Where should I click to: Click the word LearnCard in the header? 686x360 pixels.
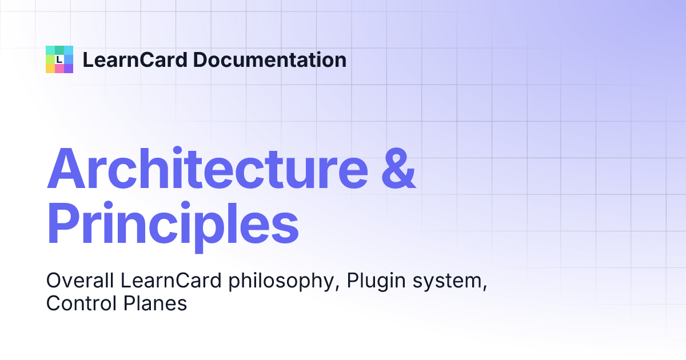[x=135, y=59]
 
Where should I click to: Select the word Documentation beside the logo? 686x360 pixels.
[x=270, y=59]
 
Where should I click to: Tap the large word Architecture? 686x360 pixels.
[x=208, y=168]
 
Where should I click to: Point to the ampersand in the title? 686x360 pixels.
[x=399, y=168]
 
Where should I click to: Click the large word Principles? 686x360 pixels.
[x=173, y=226]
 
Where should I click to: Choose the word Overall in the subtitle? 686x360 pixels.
[x=80, y=281]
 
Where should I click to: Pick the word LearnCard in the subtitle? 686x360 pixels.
[x=171, y=281]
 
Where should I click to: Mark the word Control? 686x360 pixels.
[x=81, y=303]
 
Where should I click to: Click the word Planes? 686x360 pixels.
[x=155, y=303]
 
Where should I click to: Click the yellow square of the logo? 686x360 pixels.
[x=50, y=69]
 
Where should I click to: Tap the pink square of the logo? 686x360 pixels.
[x=59, y=69]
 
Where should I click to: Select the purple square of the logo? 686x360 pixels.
[x=69, y=69]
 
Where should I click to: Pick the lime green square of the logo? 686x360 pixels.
[x=50, y=59]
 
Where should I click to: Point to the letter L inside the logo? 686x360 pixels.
[x=59, y=59]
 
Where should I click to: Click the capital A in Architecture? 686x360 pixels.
[x=66, y=168]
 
